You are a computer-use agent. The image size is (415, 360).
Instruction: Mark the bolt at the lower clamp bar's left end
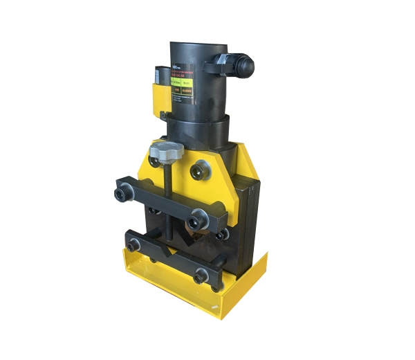pos(133,244)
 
